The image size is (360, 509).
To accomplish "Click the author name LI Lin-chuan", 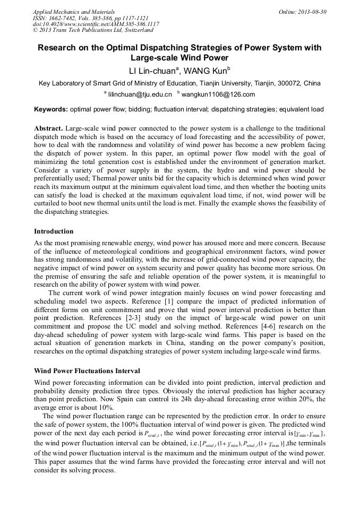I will pos(153,71).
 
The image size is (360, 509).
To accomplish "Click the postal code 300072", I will pos(284,83).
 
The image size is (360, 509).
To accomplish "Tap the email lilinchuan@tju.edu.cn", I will pos(140,95).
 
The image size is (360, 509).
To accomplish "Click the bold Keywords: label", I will pos(51,109).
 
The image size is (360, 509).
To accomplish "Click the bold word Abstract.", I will pos(48,129).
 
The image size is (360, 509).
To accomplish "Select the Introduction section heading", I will pos(54,231).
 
